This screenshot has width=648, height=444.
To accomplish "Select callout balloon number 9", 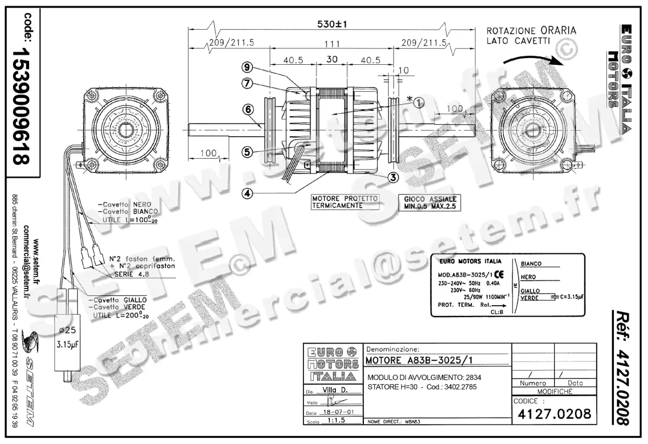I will pos(247,67).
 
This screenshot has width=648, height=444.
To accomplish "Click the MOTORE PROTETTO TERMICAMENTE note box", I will pos(345,202).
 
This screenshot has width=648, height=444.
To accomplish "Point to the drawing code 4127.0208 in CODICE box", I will pos(554,414).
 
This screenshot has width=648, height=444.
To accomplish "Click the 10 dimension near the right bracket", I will pos(405,70).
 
